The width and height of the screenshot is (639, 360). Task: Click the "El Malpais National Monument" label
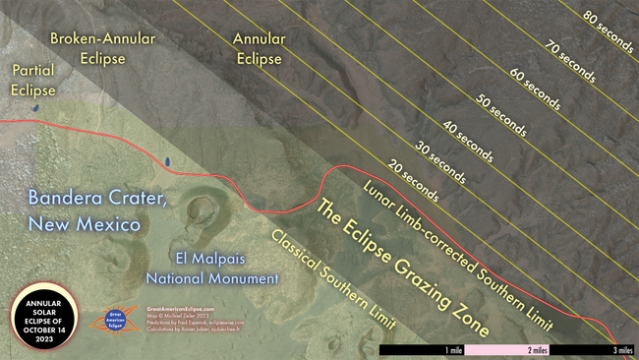click(x=211, y=268)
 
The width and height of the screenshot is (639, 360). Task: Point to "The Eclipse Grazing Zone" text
click(x=404, y=269)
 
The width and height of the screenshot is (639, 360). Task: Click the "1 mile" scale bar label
click(x=453, y=349)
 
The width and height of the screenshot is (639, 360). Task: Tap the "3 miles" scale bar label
click(x=621, y=349)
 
